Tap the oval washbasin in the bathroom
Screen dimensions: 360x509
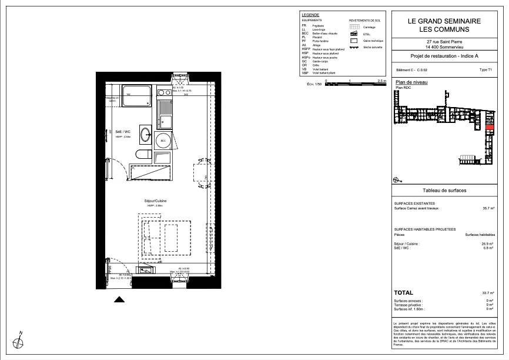pos(145,134)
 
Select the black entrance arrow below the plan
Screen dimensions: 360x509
pos(119,299)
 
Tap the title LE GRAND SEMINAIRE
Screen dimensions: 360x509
pos(444,21)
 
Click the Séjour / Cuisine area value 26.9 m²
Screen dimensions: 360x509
pos(488,243)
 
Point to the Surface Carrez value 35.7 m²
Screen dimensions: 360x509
pos(488,208)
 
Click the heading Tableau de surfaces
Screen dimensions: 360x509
pos(444,191)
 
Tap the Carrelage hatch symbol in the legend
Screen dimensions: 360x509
pos(354,27)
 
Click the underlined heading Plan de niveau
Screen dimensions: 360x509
pos(411,82)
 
